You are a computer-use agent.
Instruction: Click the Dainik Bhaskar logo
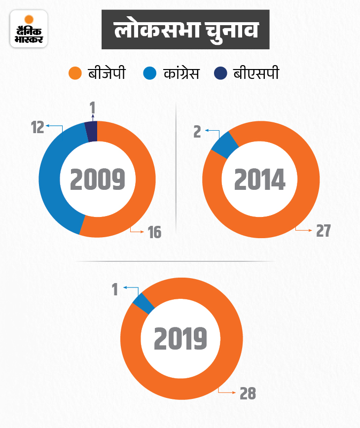click(29, 29)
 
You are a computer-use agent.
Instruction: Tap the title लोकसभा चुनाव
click(186, 31)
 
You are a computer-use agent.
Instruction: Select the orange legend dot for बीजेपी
click(74, 74)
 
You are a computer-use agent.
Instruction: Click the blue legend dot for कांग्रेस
click(149, 74)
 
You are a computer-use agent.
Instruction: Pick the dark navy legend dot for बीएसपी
click(220, 74)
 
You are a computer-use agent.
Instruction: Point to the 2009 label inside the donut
click(97, 180)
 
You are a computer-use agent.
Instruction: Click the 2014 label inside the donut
click(259, 180)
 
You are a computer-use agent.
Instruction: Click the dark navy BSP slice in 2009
click(91, 132)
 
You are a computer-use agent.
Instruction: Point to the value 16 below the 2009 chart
click(155, 232)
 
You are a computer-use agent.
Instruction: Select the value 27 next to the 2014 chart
click(323, 231)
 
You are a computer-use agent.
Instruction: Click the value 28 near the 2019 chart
click(248, 393)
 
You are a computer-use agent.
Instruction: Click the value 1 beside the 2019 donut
click(115, 289)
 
